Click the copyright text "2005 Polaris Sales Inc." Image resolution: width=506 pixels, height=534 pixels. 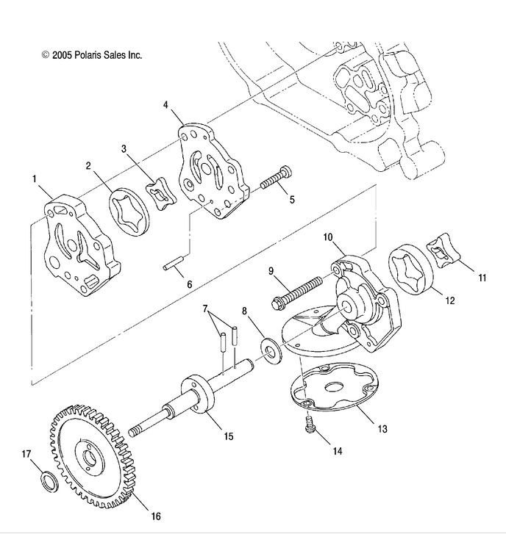(x=92, y=55)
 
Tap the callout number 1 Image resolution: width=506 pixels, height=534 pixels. (x=34, y=178)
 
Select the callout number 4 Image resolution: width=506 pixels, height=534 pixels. (x=165, y=105)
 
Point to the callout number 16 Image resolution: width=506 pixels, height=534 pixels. (x=155, y=516)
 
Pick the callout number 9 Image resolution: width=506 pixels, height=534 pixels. (x=271, y=271)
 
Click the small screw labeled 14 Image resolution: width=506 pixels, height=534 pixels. (x=309, y=425)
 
